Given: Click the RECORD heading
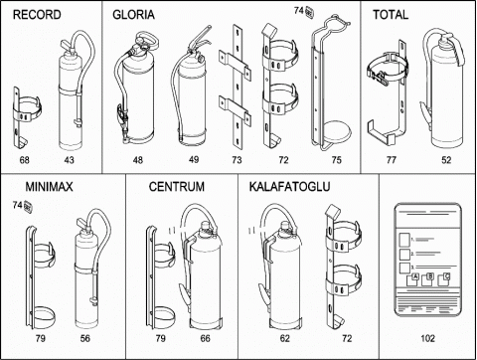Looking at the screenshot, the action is pos(37,15).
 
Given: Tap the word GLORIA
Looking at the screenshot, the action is pos(133,15).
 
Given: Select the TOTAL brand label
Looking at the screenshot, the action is pos(391,15).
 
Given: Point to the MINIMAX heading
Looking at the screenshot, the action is pos(49,187).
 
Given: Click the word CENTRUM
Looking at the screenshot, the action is pos(177,187).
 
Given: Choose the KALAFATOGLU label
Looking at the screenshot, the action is pos(289,187).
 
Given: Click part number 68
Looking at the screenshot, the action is pos(25,160).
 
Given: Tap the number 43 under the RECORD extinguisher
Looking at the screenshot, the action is pos(69,160).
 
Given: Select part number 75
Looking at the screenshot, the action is pos(336,160).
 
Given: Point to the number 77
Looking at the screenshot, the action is pos(392,160).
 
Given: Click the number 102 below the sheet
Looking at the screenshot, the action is pos(427,338).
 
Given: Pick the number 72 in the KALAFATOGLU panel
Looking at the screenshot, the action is pos(347,338).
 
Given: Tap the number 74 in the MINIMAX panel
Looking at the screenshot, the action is pos(18,205).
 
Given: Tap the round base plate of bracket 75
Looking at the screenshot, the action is pos(337,134).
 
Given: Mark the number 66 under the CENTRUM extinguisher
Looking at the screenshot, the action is pos(205,338).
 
